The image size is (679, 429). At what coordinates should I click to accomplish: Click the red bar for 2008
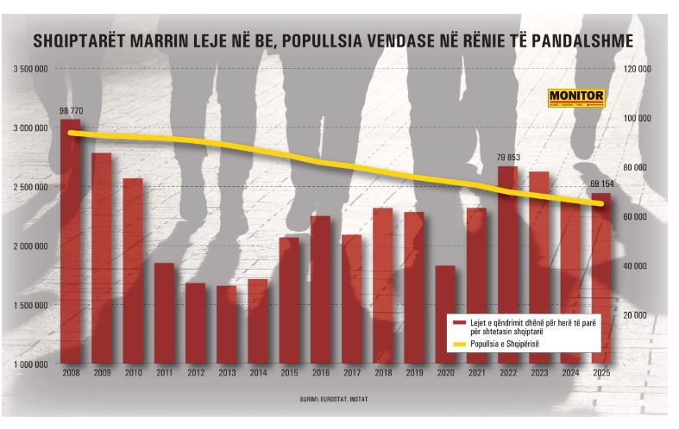tap(71, 241)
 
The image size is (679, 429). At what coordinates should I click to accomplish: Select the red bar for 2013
tap(227, 325)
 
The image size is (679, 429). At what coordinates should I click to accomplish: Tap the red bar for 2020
tap(445, 314)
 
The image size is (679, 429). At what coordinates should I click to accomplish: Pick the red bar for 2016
tap(320, 289)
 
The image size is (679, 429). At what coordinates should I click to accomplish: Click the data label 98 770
tap(71, 111)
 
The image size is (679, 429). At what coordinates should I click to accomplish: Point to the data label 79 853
tap(508, 158)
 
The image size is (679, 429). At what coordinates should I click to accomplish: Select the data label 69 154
tap(602, 184)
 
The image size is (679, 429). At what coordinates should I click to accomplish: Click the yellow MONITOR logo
tap(576, 98)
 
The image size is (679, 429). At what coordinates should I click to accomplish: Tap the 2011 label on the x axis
tap(165, 373)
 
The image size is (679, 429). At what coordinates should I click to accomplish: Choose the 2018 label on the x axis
tap(383, 373)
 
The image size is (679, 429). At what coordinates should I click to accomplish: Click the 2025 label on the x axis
tap(601, 373)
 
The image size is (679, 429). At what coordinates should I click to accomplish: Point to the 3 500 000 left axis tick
tap(30, 69)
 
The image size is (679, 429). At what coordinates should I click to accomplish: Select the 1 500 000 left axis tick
tap(30, 305)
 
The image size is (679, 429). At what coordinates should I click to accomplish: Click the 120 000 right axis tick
tap(637, 69)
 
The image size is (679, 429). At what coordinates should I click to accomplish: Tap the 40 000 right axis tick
tap(634, 266)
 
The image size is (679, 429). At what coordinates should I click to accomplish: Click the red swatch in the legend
tap(459, 323)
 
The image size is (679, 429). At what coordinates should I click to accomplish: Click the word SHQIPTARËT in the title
tap(79, 40)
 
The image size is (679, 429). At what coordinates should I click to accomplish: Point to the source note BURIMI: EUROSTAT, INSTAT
tap(333, 399)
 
